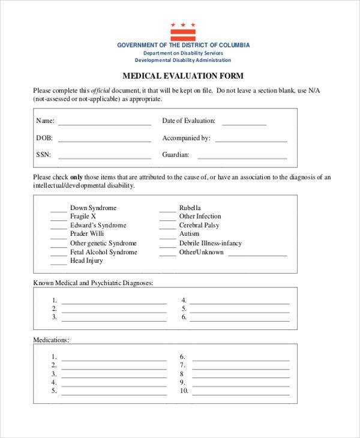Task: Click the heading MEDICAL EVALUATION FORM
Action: tap(183, 77)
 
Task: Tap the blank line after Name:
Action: tap(104, 124)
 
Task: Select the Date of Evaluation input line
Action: tap(244, 124)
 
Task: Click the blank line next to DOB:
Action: tap(104, 141)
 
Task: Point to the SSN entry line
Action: tap(104, 158)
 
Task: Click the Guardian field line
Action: tap(242, 158)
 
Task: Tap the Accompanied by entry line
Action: tap(251, 141)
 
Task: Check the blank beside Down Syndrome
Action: tap(58, 211)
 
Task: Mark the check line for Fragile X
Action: tap(58, 219)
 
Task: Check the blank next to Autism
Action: tap(167, 237)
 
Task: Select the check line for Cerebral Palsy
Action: tap(167, 228)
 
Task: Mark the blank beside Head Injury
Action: tap(58, 264)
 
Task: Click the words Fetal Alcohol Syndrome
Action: tap(103, 252)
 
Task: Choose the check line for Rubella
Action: tap(167, 211)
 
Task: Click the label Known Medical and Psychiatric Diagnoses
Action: tap(93, 282)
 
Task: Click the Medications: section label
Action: tap(51, 340)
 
